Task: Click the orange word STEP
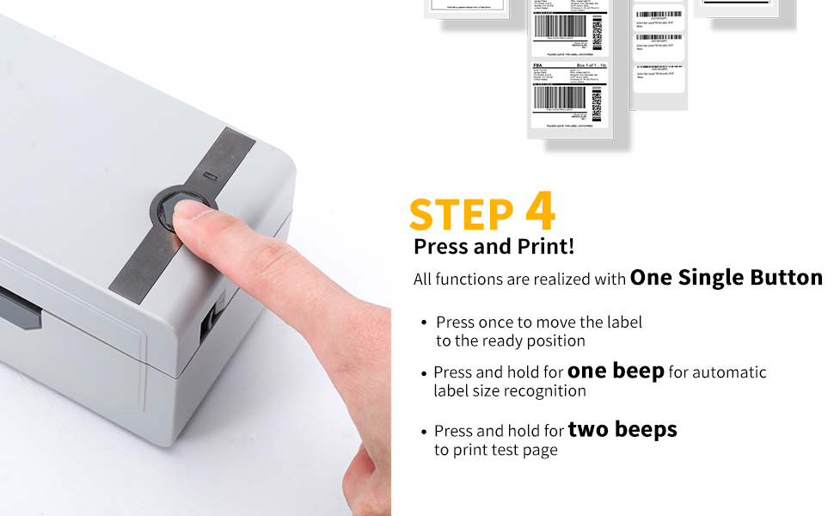[x=460, y=215]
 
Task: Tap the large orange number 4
[x=539, y=212]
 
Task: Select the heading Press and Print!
[x=494, y=247]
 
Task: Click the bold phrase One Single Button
[x=726, y=277]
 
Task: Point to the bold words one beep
[x=616, y=372]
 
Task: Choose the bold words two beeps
[x=622, y=429]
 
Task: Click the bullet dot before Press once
[x=424, y=322]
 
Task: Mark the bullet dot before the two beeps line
[x=424, y=431]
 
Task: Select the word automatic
[x=729, y=372]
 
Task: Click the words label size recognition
[x=509, y=390]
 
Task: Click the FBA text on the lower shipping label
[x=538, y=65]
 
